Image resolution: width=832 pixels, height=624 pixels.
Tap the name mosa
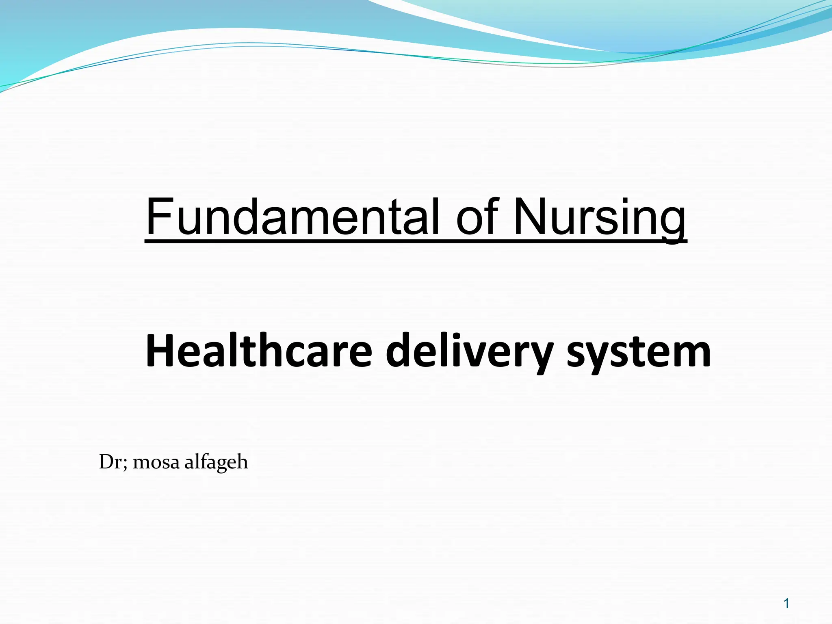[x=156, y=463]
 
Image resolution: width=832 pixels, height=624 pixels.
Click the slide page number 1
[x=786, y=604]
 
